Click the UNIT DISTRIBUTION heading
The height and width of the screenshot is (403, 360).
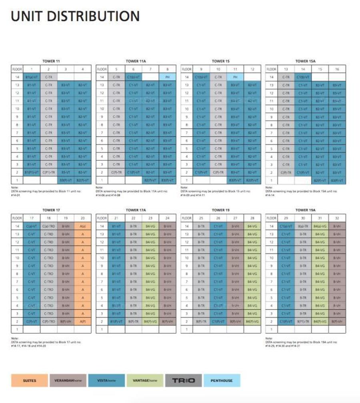[x=75, y=16]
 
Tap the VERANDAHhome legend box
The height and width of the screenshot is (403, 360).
[x=66, y=380]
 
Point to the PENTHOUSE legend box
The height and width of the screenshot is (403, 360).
[x=221, y=380]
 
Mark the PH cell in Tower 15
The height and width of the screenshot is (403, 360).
[x=235, y=77]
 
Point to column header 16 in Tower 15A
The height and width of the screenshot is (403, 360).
[x=337, y=69]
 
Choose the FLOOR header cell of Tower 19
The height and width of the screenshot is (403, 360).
[x=186, y=218]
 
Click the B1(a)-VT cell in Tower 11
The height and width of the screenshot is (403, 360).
[x=32, y=77]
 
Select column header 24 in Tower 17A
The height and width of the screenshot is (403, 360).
[x=167, y=218]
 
